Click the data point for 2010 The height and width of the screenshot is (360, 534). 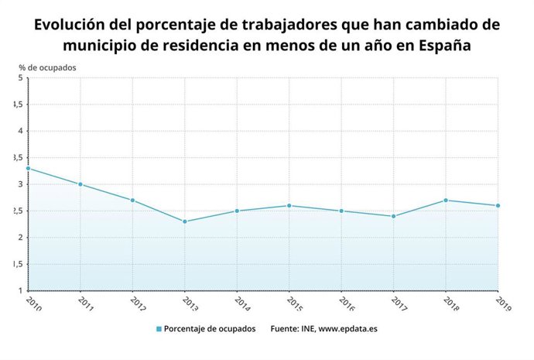click(x=28, y=168)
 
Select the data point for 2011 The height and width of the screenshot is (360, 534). click(x=80, y=184)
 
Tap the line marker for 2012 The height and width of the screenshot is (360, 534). click(x=132, y=201)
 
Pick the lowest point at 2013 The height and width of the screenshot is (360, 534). click(x=185, y=221)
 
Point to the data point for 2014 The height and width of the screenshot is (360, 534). click(x=237, y=211)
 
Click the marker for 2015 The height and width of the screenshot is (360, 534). click(x=289, y=205)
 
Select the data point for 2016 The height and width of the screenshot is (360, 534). click(x=341, y=211)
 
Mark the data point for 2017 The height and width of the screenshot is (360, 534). click(x=394, y=216)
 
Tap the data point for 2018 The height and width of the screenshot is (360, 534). click(x=446, y=201)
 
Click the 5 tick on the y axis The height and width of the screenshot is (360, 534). click(x=20, y=77)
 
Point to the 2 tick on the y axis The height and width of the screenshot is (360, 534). click(x=20, y=238)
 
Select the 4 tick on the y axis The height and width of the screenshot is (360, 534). click(x=20, y=131)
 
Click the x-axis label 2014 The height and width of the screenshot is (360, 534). click(x=242, y=303)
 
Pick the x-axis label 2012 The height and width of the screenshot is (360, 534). click(x=138, y=303)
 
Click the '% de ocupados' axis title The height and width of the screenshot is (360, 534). click(x=47, y=67)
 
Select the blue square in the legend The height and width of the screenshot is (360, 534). click(x=159, y=329)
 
